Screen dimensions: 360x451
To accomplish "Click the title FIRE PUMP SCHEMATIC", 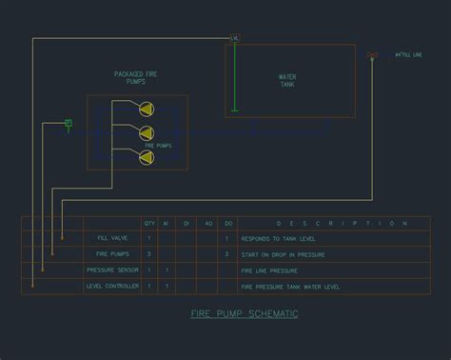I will (245, 313).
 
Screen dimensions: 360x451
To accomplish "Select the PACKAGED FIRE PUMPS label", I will (137, 77).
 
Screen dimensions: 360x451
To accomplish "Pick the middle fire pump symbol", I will (146, 134).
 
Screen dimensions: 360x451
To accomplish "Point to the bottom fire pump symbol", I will (146, 155).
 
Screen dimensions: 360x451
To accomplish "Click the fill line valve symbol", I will (372, 57).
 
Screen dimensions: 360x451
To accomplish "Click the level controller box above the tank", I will (235, 38).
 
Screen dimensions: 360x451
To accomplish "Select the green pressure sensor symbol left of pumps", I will (69, 122).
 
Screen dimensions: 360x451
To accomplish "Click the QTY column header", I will (149, 224).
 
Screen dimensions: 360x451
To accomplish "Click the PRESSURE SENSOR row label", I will (113, 270).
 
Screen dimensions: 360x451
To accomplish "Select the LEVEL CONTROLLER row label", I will (113, 286).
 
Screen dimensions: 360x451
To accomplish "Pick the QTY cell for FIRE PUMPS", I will (149, 255).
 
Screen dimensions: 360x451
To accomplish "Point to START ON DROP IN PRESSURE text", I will (284, 255).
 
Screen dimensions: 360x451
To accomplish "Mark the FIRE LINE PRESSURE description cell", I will (271, 270).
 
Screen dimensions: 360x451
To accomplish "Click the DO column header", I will (227, 224).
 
